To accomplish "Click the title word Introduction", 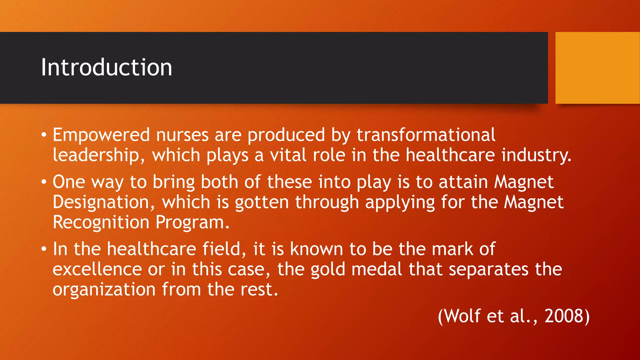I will click(106, 67).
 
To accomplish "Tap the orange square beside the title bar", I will click(597, 67).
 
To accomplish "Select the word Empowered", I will click(101, 135).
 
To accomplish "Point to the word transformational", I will click(426, 135).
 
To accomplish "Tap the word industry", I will click(536, 155).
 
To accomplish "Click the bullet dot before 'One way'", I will click(44, 182).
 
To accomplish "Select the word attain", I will click(463, 182).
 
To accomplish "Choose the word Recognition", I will click(101, 222).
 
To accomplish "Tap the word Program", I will click(192, 223).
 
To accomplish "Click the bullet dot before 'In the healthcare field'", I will click(44, 249).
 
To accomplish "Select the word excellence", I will click(97, 269).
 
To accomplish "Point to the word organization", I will click(104, 290).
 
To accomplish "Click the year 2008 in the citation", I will click(564, 316).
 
